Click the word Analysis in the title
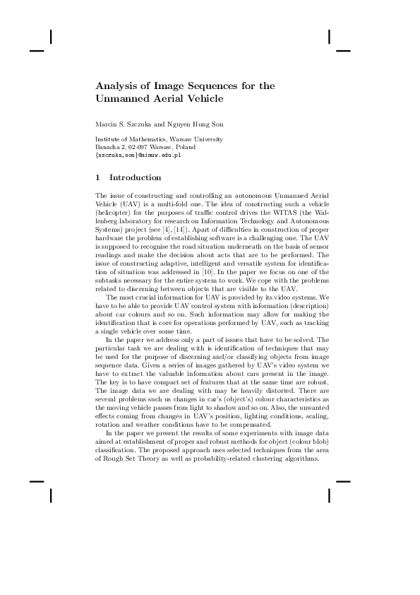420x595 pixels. coord(115,86)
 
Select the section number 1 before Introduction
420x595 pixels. coord(97,177)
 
